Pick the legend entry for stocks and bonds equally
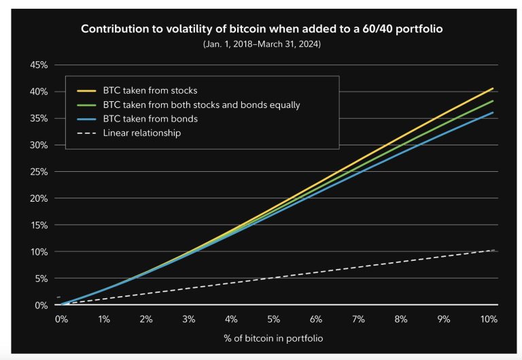point(201,105)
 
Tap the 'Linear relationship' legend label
point(141,133)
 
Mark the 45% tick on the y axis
point(38,65)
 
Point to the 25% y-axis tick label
point(38,172)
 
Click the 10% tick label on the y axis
point(38,252)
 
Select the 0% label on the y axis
point(40,305)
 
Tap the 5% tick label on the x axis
point(275,319)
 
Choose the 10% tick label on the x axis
point(488,319)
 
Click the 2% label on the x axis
point(146,319)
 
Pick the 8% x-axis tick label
point(403,319)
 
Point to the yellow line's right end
point(493,88)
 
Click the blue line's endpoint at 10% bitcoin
point(493,113)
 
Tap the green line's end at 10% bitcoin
point(493,101)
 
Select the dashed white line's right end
point(493,251)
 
